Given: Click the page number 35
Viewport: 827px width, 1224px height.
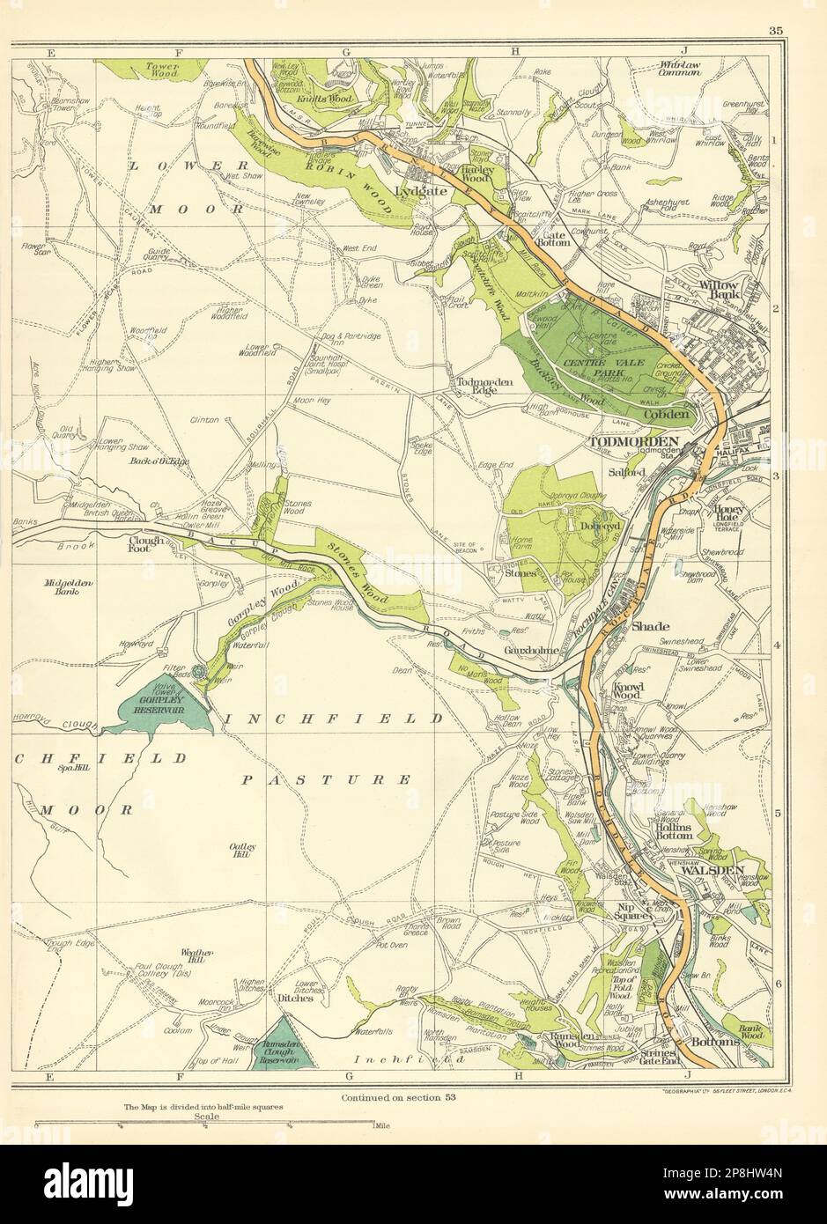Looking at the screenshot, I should [775, 31].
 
